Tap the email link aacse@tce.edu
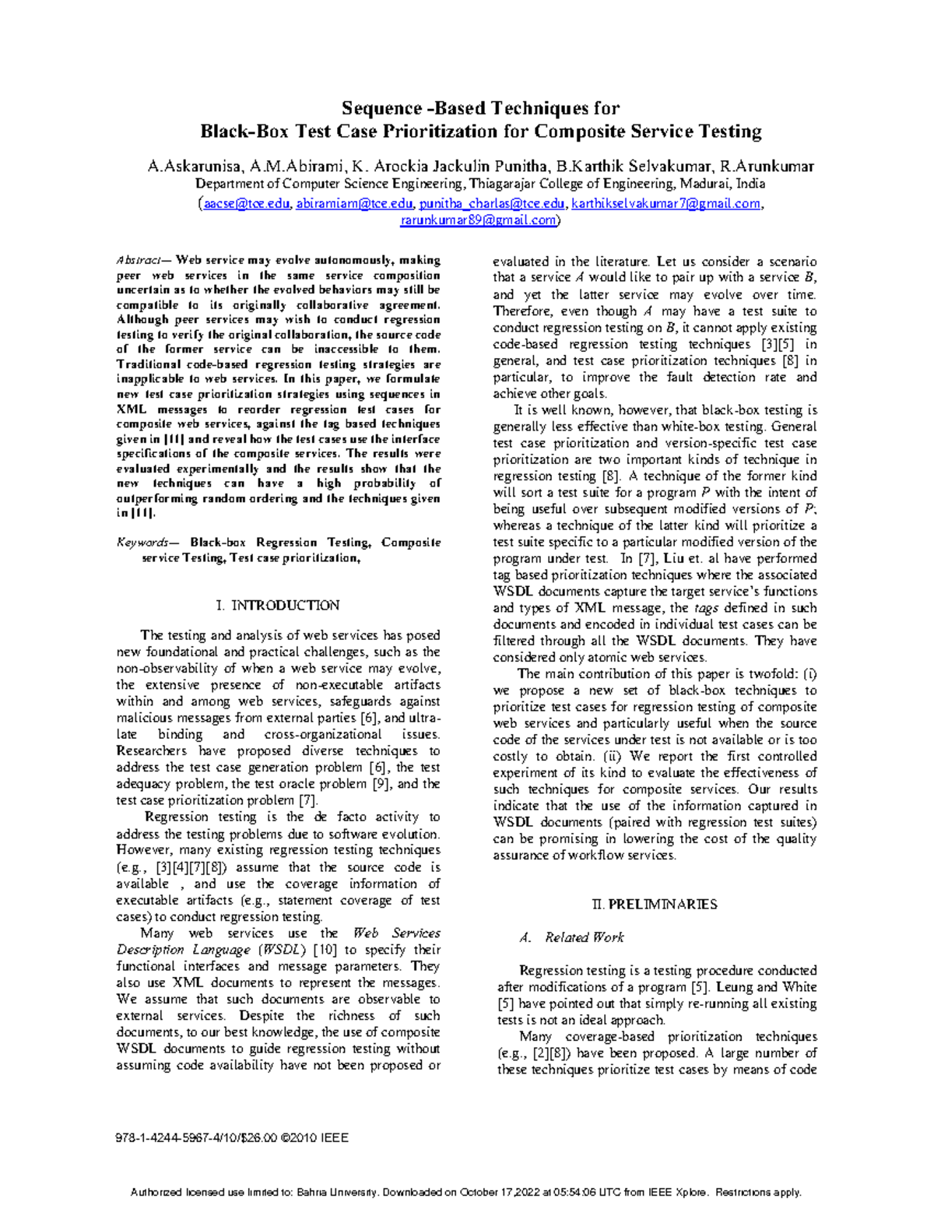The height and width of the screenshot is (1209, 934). coord(247,204)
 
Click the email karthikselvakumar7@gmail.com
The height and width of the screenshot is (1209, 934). coord(665,204)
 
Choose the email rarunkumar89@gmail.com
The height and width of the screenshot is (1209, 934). coord(478,220)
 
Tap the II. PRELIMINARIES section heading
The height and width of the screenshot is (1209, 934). coord(654,905)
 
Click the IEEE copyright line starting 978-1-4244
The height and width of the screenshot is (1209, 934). coord(232,1138)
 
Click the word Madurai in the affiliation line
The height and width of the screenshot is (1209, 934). coord(704,185)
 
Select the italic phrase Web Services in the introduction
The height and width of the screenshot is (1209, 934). coord(396,933)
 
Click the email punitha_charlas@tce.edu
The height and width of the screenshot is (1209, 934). coord(492,204)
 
